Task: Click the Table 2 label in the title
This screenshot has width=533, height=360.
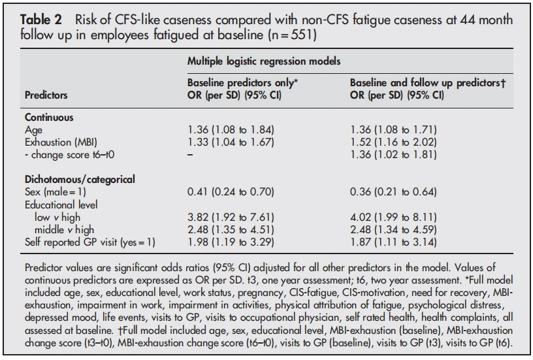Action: click(x=40, y=20)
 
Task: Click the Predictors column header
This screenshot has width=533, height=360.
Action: click(x=46, y=95)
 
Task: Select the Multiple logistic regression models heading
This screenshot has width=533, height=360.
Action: click(x=264, y=61)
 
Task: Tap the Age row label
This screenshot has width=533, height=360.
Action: click(x=34, y=130)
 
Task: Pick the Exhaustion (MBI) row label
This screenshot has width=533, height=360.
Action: click(x=61, y=142)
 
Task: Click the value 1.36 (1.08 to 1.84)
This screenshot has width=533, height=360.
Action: click(x=231, y=130)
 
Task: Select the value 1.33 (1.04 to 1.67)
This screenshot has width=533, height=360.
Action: click(x=231, y=142)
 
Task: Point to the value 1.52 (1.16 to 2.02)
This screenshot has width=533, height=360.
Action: click(x=393, y=142)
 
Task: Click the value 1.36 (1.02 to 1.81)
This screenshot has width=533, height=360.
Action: click(x=393, y=155)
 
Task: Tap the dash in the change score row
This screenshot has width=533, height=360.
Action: click(x=190, y=155)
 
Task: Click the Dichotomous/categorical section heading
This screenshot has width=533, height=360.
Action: click(x=80, y=180)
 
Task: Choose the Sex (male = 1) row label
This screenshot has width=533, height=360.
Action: click(x=56, y=192)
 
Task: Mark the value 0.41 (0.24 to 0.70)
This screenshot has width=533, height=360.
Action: click(x=231, y=192)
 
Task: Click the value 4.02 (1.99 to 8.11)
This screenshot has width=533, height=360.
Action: click(x=393, y=217)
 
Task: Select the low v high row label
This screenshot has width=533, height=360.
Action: click(x=57, y=217)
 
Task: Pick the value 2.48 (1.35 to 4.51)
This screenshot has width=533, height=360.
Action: click(x=231, y=230)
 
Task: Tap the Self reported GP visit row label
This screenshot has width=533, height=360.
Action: click(x=89, y=242)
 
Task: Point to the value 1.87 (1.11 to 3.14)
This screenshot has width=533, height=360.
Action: click(x=393, y=242)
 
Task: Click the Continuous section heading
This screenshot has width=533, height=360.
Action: click(x=49, y=118)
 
